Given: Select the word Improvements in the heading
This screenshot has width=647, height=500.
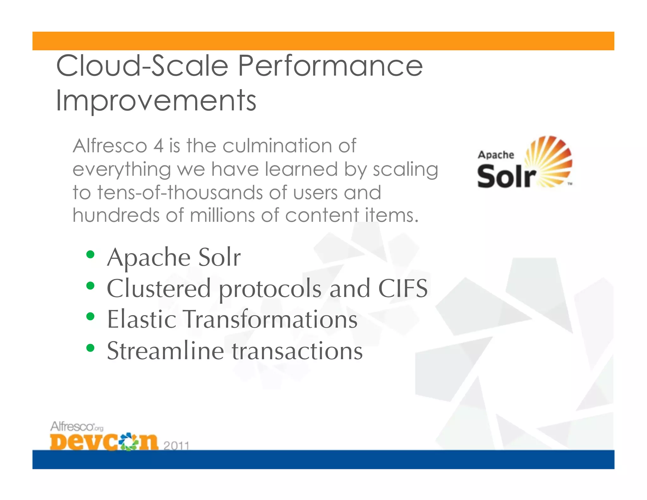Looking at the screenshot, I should point(156,101).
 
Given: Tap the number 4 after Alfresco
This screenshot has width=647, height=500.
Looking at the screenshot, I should point(159,146).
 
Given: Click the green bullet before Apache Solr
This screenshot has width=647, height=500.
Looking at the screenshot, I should point(90,254).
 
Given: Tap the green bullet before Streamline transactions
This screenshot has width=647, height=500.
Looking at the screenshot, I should point(90,348).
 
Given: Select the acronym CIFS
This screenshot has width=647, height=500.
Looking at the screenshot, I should point(403,288).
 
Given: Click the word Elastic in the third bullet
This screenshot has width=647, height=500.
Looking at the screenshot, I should point(142,319).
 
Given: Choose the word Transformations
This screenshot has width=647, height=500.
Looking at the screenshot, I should point(270,319).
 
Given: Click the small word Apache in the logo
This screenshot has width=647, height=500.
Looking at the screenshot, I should point(496,155).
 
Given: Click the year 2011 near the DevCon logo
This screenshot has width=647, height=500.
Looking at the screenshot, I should point(176,445).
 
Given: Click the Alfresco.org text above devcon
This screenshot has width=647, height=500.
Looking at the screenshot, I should point(76,427).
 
